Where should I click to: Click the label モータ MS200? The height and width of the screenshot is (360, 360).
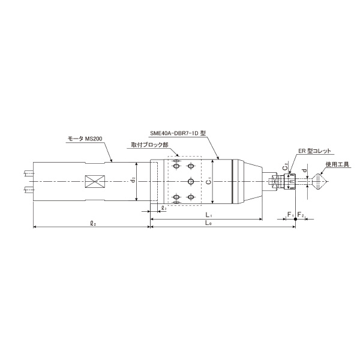85,139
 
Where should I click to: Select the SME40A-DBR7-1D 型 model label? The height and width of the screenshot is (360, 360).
178,135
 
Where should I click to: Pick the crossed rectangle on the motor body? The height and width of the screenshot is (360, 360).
95,181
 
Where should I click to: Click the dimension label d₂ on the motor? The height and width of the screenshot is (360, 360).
133,180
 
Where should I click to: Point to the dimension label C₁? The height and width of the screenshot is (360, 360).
207,181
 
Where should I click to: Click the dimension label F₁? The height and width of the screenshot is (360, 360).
290,215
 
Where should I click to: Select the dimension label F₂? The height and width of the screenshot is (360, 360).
301,215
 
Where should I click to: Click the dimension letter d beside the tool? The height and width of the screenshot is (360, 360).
305,170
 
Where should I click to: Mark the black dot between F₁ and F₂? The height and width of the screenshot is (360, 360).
295,220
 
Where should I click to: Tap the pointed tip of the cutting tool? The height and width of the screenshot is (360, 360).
326,181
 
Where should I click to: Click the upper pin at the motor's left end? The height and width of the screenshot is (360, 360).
28,174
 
